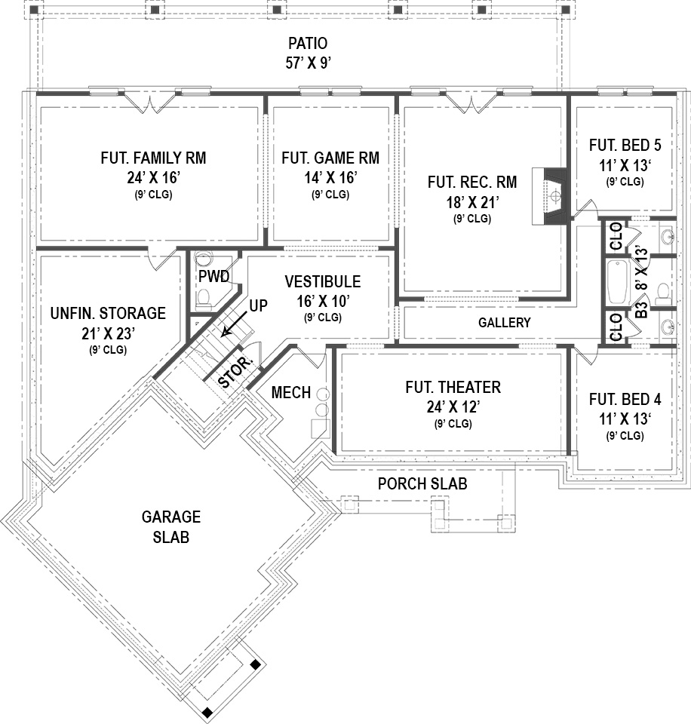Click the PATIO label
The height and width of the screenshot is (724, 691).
pyautogui.click(x=308, y=44)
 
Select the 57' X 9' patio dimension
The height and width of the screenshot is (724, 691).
pyautogui.click(x=308, y=63)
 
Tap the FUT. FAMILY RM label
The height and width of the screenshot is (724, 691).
pyautogui.click(x=152, y=158)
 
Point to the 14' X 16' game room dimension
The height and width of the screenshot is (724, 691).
pyautogui.click(x=330, y=177)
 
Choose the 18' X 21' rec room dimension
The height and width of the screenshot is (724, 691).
pyautogui.click(x=472, y=201)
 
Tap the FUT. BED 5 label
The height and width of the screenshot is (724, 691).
pyautogui.click(x=625, y=145)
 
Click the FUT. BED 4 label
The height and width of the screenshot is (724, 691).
pyautogui.click(x=625, y=400)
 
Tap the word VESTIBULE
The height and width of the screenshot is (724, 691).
pyautogui.click(x=322, y=282)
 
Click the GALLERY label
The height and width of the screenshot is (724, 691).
pyautogui.click(x=504, y=323)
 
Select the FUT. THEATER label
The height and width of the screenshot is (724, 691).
pyautogui.click(x=453, y=388)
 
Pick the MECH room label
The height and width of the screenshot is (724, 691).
pyautogui.click(x=290, y=393)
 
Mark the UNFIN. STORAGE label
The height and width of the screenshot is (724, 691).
pyautogui.click(x=107, y=313)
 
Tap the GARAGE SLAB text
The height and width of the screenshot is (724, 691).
pyautogui.click(x=171, y=527)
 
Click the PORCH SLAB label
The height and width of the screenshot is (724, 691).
pyautogui.click(x=422, y=483)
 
